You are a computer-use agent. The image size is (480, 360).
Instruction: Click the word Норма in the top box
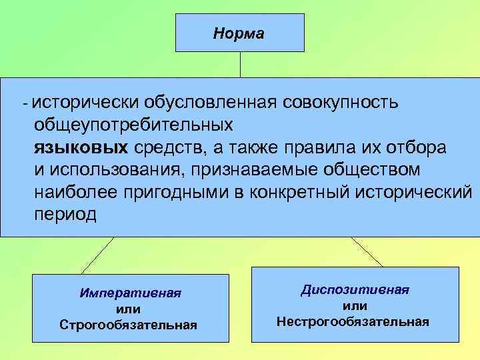(x=239, y=33)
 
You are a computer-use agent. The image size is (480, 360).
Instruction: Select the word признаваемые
(x=261, y=169)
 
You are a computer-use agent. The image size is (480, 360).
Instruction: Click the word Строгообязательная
(x=129, y=325)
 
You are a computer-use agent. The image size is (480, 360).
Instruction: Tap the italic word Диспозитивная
(x=355, y=290)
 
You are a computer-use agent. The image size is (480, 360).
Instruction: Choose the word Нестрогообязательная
(x=353, y=321)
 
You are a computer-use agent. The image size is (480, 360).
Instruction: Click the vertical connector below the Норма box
(x=240, y=64)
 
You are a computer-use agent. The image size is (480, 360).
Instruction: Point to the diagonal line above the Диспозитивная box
(x=367, y=252)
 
